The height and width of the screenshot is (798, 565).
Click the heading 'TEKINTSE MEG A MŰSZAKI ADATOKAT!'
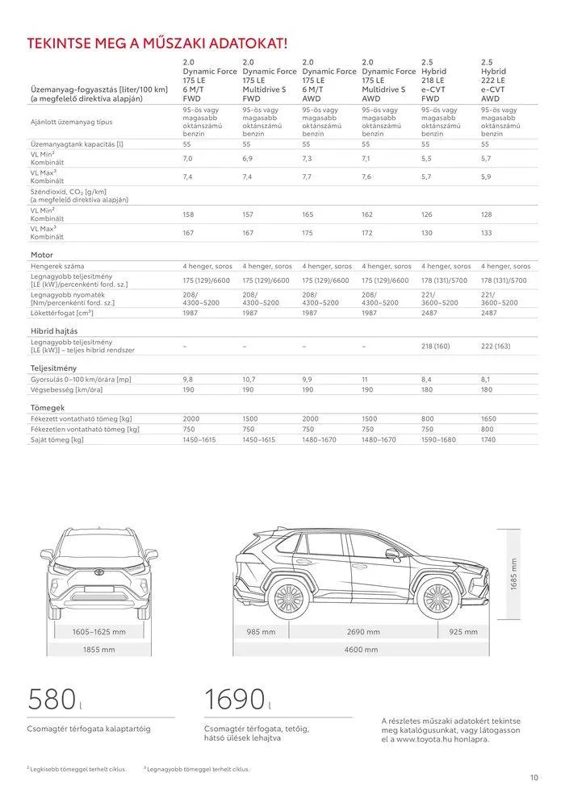(x=157, y=43)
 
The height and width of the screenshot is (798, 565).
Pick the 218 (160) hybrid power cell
(x=436, y=346)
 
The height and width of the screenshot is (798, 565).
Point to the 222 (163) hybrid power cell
(x=496, y=346)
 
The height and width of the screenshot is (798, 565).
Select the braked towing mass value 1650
(x=489, y=419)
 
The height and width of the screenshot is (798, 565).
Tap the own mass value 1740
(x=489, y=439)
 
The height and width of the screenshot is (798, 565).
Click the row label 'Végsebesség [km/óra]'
(x=67, y=389)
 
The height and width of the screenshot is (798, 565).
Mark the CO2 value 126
(x=428, y=215)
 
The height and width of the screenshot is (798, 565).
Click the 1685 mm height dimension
(x=513, y=574)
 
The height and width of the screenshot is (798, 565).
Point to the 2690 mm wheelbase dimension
(x=363, y=632)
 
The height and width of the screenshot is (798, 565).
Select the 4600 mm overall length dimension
(x=361, y=649)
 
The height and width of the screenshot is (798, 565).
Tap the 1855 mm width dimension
(x=99, y=649)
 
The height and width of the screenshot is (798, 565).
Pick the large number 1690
(x=234, y=699)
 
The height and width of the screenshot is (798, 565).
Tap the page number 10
(x=534, y=778)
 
